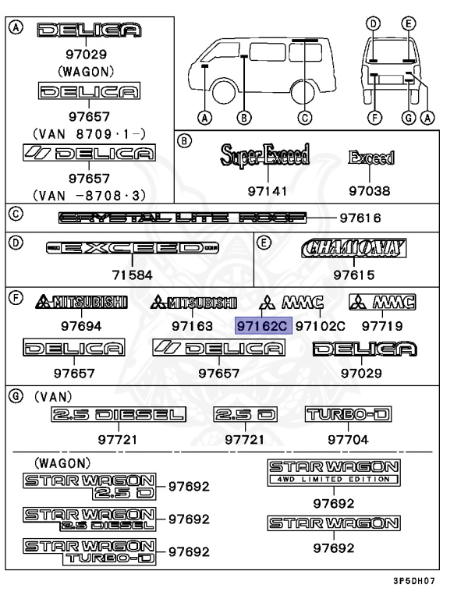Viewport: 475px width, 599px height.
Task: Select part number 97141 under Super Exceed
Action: (x=265, y=190)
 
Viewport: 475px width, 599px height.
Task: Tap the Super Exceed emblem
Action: (x=265, y=156)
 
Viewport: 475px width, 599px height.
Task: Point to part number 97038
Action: (x=370, y=190)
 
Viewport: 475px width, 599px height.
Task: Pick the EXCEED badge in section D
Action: (x=133, y=249)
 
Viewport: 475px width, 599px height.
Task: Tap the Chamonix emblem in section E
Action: (x=354, y=249)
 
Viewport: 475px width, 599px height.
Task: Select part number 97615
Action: (x=354, y=275)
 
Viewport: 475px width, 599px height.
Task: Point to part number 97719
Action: (x=381, y=325)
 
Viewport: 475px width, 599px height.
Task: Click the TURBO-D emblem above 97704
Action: (x=347, y=414)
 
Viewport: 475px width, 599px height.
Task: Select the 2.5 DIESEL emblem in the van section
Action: (x=119, y=414)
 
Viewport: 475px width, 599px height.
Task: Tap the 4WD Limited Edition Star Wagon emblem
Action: (x=334, y=473)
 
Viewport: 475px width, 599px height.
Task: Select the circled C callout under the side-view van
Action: (x=305, y=119)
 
